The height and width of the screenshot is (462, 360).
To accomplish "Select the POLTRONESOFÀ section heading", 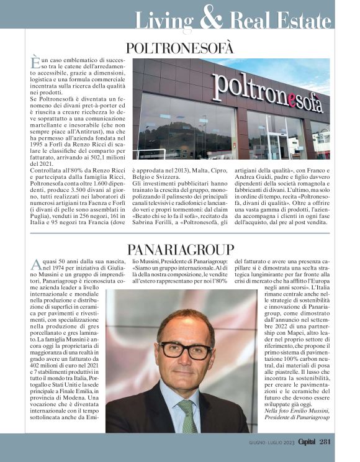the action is (179, 48).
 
